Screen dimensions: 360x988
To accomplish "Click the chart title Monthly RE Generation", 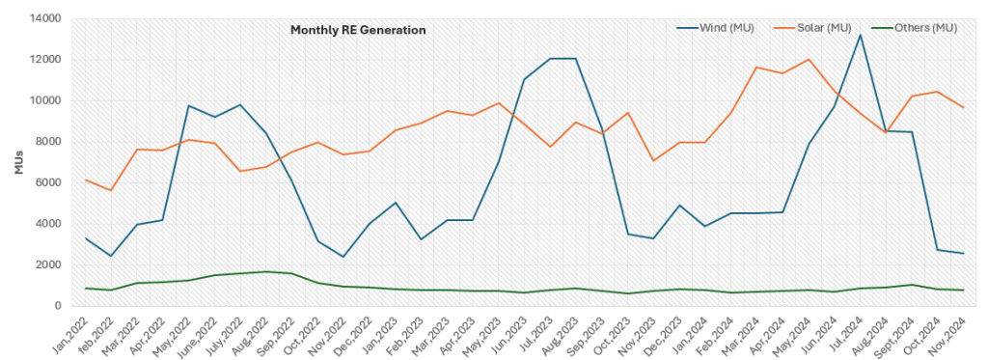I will point(358,30).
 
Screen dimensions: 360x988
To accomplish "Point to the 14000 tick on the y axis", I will point(49,18).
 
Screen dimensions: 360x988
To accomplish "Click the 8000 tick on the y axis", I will point(52,142).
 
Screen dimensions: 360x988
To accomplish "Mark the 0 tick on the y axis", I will point(60,306).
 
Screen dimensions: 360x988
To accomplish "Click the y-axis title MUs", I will point(18,162).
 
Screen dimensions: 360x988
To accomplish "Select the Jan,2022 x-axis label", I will point(72,333).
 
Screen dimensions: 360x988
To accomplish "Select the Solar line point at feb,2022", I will point(113,190).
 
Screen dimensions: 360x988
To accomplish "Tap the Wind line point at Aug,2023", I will point(576,59).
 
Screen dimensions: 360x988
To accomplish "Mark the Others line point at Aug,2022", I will point(266,271).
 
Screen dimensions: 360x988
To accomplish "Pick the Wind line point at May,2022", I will point(189,105).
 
